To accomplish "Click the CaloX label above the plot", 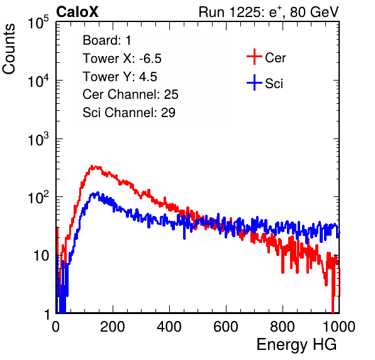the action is click(x=77, y=12).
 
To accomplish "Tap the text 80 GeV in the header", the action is click(x=314, y=12).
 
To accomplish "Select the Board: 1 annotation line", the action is click(x=107, y=40).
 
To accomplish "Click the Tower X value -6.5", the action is click(x=150, y=59).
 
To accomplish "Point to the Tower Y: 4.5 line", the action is click(x=120, y=77).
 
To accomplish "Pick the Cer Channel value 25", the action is click(x=171, y=94).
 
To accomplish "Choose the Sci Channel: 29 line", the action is click(x=129, y=113).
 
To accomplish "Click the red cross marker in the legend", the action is click(x=254, y=57).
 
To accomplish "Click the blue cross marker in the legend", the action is click(x=254, y=82).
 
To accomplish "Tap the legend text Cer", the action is click(x=275, y=58).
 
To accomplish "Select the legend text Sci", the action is click(x=274, y=84).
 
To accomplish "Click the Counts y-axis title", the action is click(x=9, y=49).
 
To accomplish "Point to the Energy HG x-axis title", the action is click(x=296, y=344).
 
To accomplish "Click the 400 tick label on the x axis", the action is click(x=169, y=327).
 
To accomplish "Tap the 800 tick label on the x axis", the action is click(x=283, y=327).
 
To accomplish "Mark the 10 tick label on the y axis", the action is click(x=41, y=256).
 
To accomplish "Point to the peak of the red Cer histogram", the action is click(x=92, y=166).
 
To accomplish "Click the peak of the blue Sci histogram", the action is click(x=98, y=193).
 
